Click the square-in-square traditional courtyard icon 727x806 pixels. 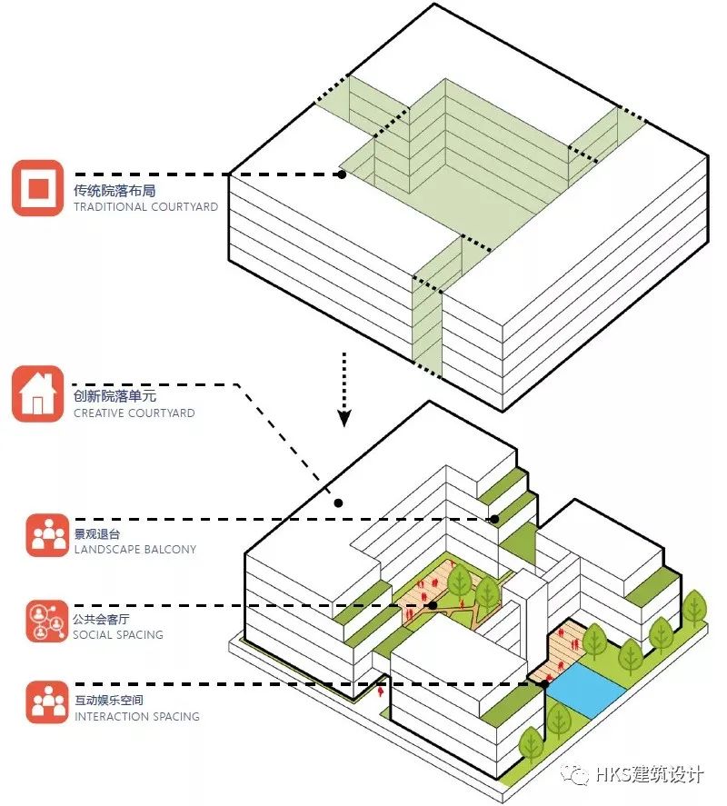tap(38, 188)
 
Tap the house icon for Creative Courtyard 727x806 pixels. tap(38, 394)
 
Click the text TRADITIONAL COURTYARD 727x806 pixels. tap(146, 207)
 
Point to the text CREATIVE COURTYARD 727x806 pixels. tap(134, 413)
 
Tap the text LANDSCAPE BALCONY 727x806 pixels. tap(134, 550)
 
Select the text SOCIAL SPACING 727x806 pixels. tap(118, 635)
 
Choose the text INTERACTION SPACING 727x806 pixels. tap(136, 717)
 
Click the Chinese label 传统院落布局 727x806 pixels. tap(115, 191)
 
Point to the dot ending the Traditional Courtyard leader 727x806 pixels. tap(342, 174)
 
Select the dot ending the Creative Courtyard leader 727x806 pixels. tap(338, 503)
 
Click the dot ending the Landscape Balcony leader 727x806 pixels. tap(495, 520)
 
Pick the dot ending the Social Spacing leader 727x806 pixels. tap(433, 605)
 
